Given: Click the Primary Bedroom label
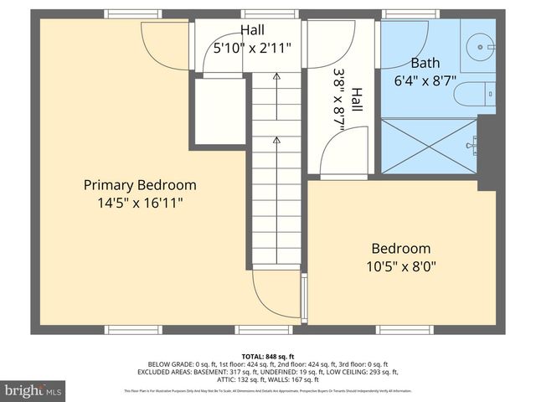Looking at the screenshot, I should point(140,185).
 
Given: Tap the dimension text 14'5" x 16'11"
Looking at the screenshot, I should point(140,203).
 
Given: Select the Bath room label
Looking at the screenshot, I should point(425,64).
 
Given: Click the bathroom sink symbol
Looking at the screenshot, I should point(478,43).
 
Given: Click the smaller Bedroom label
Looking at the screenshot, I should point(401,249).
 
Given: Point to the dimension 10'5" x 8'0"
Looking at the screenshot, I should point(401,266).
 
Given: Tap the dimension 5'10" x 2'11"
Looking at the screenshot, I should point(253,49).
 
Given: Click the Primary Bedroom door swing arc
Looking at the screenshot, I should point(166,46).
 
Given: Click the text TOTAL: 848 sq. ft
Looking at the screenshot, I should point(268,356).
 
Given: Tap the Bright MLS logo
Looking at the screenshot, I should point(33,390).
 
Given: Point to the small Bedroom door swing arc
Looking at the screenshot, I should point(344,151).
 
